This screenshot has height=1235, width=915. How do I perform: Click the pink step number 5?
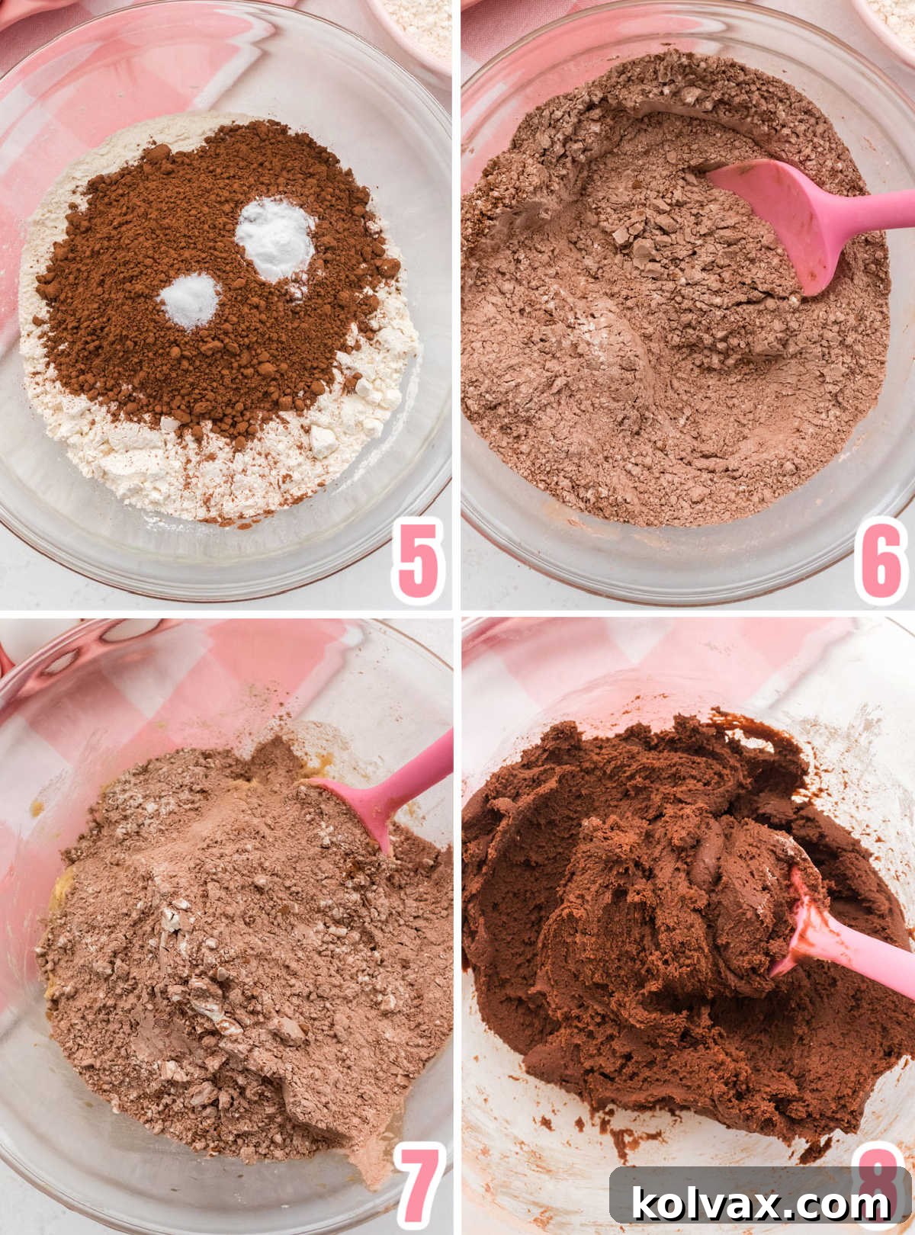pyautogui.click(x=418, y=560)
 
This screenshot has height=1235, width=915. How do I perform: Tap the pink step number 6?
pyautogui.click(x=881, y=560)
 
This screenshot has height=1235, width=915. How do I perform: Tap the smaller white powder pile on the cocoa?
pyautogui.click(x=190, y=300)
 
